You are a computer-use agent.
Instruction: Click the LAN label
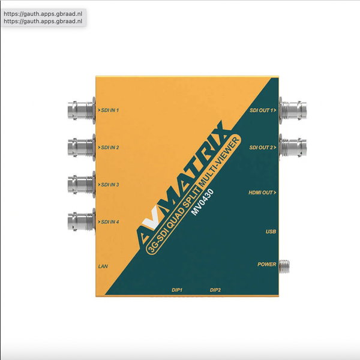click(103, 265)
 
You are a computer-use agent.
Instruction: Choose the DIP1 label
click(177, 290)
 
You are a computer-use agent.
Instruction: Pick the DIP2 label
click(215, 290)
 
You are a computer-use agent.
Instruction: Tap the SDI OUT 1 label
click(263, 111)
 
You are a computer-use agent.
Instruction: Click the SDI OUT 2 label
click(263, 148)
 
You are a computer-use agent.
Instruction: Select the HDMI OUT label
click(262, 193)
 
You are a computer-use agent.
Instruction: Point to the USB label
click(270, 232)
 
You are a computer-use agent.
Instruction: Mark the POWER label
click(266, 264)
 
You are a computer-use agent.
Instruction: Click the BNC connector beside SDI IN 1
click(80, 110)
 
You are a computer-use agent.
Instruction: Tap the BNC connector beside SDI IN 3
click(80, 184)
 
